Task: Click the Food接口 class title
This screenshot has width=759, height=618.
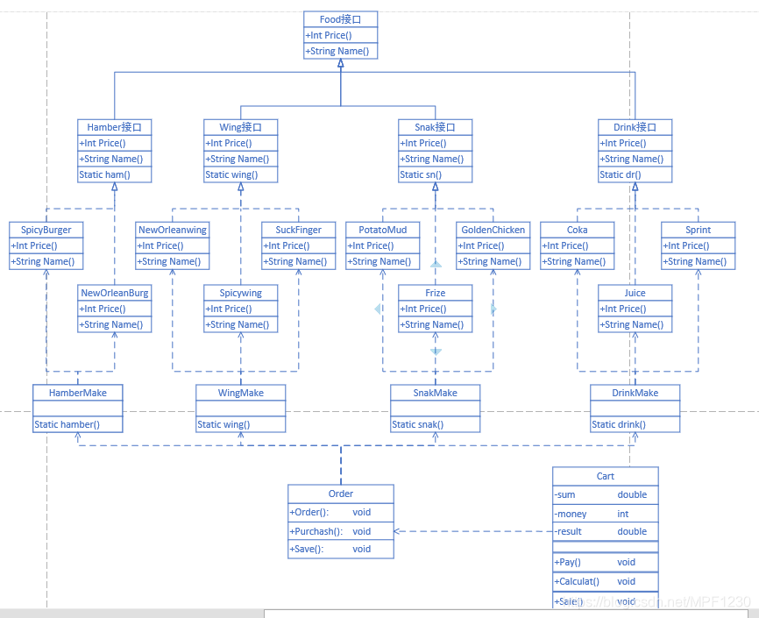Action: point(341,19)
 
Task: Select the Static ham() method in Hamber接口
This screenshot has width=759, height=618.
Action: point(104,174)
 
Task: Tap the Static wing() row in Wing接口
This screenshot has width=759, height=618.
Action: point(229,174)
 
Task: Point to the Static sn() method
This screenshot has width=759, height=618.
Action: point(421,174)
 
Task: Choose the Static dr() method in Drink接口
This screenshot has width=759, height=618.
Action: point(620,174)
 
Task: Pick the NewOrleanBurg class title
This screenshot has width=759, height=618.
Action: point(115,293)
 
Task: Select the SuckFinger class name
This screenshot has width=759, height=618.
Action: point(299,230)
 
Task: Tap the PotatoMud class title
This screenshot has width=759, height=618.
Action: point(383,230)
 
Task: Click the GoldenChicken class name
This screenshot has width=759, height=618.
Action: point(493,230)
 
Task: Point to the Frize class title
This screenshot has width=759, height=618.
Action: point(436,293)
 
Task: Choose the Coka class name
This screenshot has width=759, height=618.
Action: point(577,230)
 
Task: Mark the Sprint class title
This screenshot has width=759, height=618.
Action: point(699,230)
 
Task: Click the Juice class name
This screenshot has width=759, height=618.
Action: point(635,293)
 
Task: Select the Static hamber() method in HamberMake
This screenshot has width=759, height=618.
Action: point(67,424)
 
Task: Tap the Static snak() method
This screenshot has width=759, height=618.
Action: point(417,424)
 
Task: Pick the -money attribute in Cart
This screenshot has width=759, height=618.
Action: point(571,514)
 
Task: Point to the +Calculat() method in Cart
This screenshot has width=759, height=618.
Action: point(577,581)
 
